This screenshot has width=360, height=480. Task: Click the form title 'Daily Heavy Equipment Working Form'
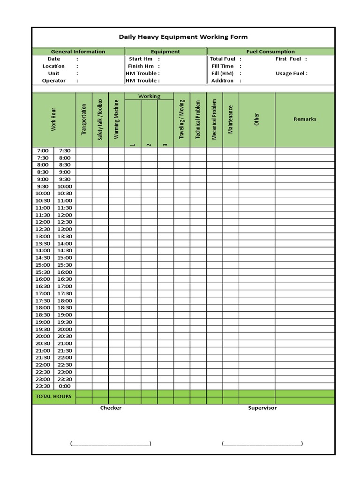tap(183, 37)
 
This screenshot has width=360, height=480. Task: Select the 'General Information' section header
tap(78, 52)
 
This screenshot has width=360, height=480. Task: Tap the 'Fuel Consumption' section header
tap(270, 52)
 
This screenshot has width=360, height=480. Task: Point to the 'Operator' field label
tap(54, 81)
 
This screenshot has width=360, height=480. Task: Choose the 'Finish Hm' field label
tap(141, 66)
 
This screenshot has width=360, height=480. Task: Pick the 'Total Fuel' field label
tap(223, 59)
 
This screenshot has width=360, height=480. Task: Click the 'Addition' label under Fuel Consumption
tap(222, 81)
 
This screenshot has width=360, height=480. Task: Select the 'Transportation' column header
tap(84, 120)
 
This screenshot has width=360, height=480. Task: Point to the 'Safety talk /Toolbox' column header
tap(100, 120)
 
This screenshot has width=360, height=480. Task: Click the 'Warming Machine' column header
tap(116, 120)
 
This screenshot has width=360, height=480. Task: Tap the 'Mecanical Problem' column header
tap(214, 120)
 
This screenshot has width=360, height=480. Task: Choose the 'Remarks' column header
tap(305, 119)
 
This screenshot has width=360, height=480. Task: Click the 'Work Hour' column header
tap(53, 120)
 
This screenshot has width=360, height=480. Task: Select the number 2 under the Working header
tap(149, 145)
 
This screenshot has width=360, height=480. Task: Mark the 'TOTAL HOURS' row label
tap(53, 397)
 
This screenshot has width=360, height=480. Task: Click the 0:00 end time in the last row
tap(65, 386)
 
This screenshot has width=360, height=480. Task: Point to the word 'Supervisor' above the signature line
tap(262, 408)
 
